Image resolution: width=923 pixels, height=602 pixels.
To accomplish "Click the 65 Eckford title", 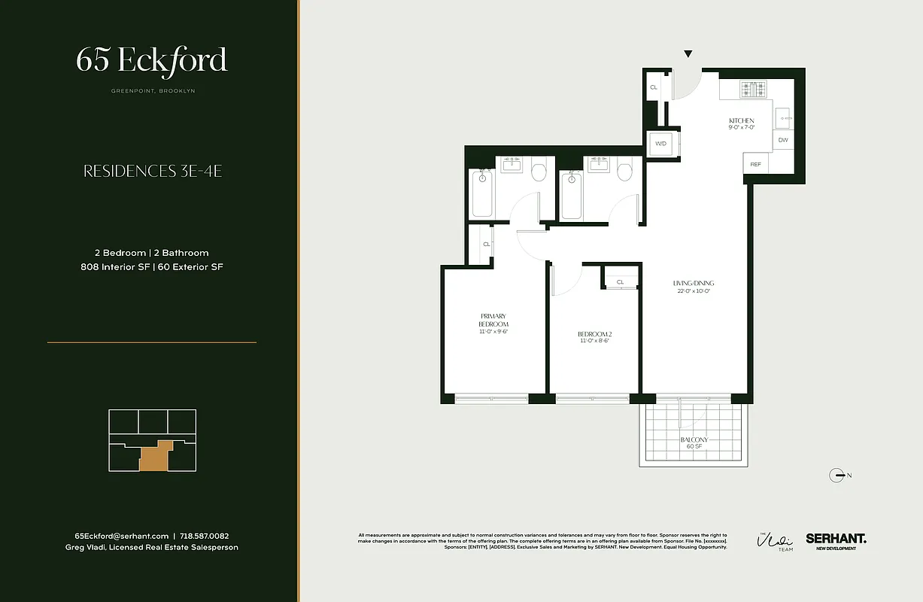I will [x=151, y=61].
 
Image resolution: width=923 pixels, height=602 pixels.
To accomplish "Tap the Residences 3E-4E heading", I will [x=152, y=172].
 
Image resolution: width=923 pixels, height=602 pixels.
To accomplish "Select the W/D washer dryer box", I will [x=661, y=144].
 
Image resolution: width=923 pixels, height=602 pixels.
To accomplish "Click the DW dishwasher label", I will [x=783, y=140].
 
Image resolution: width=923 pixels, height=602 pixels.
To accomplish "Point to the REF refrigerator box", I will [x=755, y=164].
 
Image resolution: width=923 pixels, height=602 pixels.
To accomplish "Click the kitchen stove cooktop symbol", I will [x=753, y=90].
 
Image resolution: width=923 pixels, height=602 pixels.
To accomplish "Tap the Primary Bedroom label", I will [x=493, y=324].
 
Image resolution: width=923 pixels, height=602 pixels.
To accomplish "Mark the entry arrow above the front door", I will [x=688, y=54].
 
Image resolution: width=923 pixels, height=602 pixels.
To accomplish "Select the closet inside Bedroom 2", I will [x=621, y=282].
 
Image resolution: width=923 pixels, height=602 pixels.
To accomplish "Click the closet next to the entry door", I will [x=653, y=88].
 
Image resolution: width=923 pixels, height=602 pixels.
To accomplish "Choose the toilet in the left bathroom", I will [x=539, y=172].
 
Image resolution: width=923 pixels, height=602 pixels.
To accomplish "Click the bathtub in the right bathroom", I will [x=571, y=195].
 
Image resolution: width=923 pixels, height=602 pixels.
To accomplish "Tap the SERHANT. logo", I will [x=836, y=539].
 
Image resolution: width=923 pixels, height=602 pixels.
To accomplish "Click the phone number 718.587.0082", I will [x=210, y=536].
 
